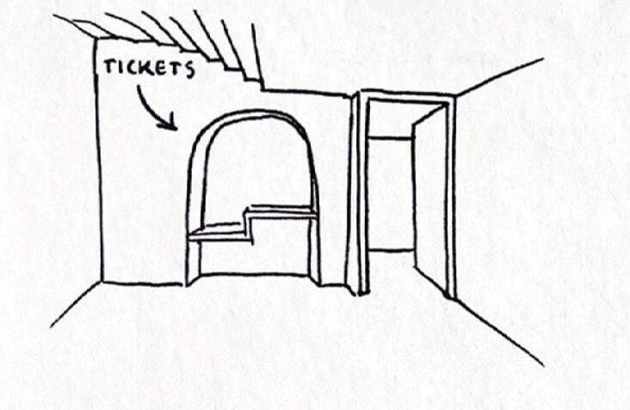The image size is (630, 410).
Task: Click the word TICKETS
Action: (x=149, y=69)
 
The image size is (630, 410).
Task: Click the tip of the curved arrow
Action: (x=175, y=128)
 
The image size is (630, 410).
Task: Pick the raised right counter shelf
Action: (x=281, y=210)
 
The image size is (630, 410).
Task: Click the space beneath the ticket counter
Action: (x=254, y=258)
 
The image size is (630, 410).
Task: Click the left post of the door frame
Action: (x=363, y=193)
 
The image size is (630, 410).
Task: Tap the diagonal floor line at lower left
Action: (x=76, y=304)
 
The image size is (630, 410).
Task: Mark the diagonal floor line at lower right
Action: (x=499, y=331)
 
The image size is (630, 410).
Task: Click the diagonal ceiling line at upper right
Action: (x=499, y=76)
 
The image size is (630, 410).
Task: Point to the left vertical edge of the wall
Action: (x=99, y=163)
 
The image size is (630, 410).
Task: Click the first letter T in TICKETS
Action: (x=110, y=66)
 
